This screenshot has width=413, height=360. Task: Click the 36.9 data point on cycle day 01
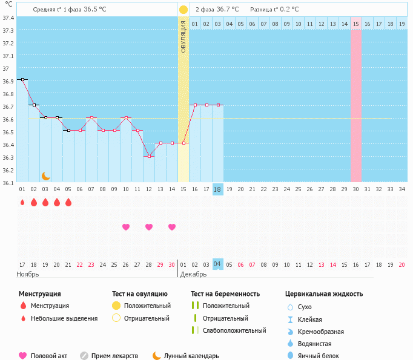click(x=22, y=79)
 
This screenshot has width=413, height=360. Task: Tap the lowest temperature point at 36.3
click(x=149, y=156)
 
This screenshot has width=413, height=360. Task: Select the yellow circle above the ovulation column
click(x=183, y=10)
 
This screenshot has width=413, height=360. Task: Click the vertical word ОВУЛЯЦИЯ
click(x=183, y=37)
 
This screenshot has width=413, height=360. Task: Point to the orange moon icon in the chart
click(x=46, y=176)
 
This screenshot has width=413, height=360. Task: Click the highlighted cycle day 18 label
click(x=218, y=189)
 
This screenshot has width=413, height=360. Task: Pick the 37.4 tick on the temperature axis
click(x=8, y=18)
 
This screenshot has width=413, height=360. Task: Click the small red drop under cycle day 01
click(x=22, y=202)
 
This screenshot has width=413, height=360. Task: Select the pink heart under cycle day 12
click(x=149, y=227)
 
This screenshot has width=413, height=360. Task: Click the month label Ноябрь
click(x=28, y=274)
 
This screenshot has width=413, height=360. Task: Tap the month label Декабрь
click(x=193, y=274)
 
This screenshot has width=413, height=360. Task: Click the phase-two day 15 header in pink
click(x=356, y=24)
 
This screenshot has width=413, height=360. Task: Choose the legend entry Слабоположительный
click(x=234, y=330)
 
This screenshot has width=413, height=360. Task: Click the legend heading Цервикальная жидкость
click(x=324, y=294)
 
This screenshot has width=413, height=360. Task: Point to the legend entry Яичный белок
click(x=318, y=356)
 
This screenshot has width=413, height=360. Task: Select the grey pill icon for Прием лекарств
click(x=84, y=356)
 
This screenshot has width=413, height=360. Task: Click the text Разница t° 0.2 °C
click(x=274, y=10)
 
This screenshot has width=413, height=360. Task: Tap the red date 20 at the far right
click(x=401, y=265)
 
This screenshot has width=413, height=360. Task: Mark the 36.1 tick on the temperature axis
click(x=8, y=183)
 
